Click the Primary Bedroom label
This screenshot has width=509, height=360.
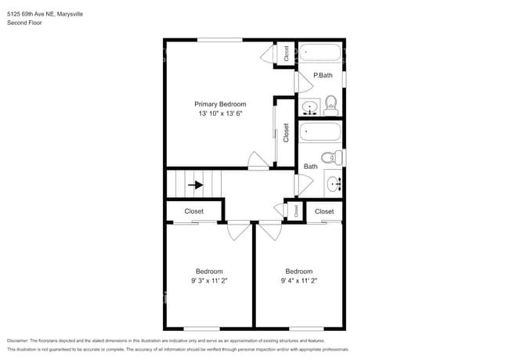click(220, 104)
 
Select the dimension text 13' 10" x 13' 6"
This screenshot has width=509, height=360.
click(220, 114)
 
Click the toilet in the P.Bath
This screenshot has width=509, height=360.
click(330, 104)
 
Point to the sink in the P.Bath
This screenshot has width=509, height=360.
click(310, 107)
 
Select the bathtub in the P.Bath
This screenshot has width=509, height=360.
click(321, 54)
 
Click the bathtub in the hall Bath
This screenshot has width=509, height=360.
click(321, 131)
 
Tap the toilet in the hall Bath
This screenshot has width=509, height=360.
click(331, 157)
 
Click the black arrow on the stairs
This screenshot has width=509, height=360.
click(197, 185)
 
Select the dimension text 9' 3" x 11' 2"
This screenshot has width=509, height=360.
click(209, 280)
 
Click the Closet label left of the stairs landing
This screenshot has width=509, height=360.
click(193, 211)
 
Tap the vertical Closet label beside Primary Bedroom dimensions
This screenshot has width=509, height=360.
click(286, 133)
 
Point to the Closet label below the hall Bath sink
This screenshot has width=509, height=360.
click(324, 211)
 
